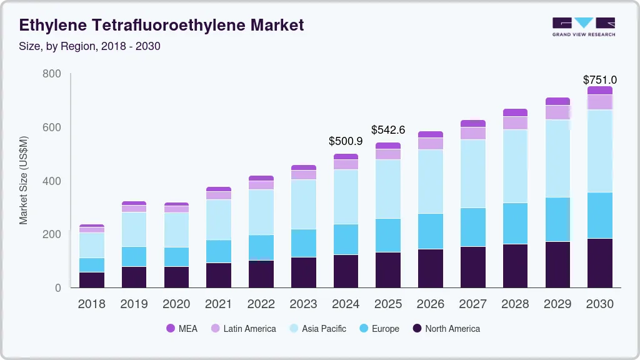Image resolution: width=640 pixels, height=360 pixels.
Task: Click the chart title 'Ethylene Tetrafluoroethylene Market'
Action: click(162, 25)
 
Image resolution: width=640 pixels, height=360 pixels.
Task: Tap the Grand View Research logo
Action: click(583, 27)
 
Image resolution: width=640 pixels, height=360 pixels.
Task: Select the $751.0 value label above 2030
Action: click(599, 80)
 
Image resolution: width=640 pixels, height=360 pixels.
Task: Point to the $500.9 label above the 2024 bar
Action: click(346, 141)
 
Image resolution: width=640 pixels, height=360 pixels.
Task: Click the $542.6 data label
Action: click(388, 130)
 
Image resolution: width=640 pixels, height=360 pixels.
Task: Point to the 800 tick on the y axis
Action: click(52, 74)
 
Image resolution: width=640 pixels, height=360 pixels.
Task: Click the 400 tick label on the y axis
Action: click(52, 181)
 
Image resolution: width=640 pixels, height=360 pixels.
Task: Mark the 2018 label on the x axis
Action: click(92, 304)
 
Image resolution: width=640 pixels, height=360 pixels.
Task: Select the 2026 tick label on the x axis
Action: click(431, 304)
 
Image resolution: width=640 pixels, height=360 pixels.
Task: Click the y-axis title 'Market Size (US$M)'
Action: click(24, 180)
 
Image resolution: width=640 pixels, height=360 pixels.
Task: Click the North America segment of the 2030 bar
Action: click(599, 262)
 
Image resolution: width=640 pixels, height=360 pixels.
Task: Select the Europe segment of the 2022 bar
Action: click(261, 247)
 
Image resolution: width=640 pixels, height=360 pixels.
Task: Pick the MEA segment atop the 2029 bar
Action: click(557, 101)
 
